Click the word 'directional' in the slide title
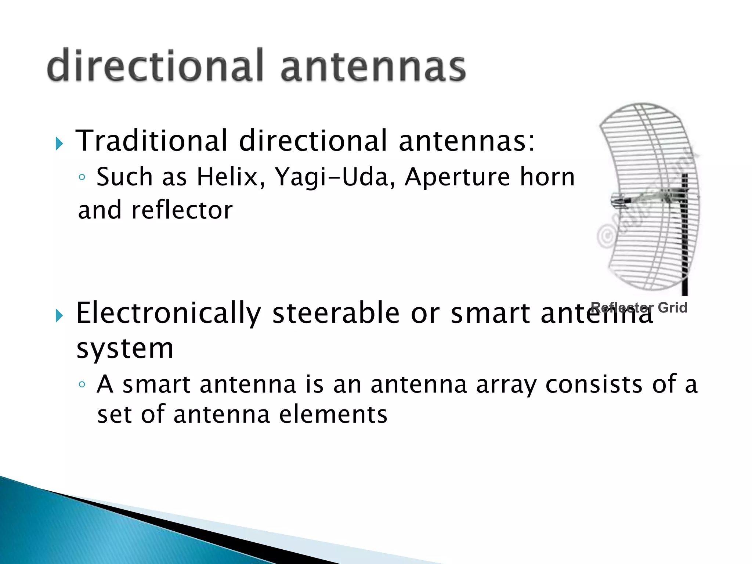coord(154,65)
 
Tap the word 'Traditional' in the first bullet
coord(151,141)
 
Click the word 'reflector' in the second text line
coord(182,210)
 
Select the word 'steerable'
coord(336,313)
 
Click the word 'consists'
coord(594,384)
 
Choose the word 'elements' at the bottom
coord(333,415)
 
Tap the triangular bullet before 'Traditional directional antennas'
coord(59,144)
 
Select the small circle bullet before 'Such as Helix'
coord(82,178)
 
